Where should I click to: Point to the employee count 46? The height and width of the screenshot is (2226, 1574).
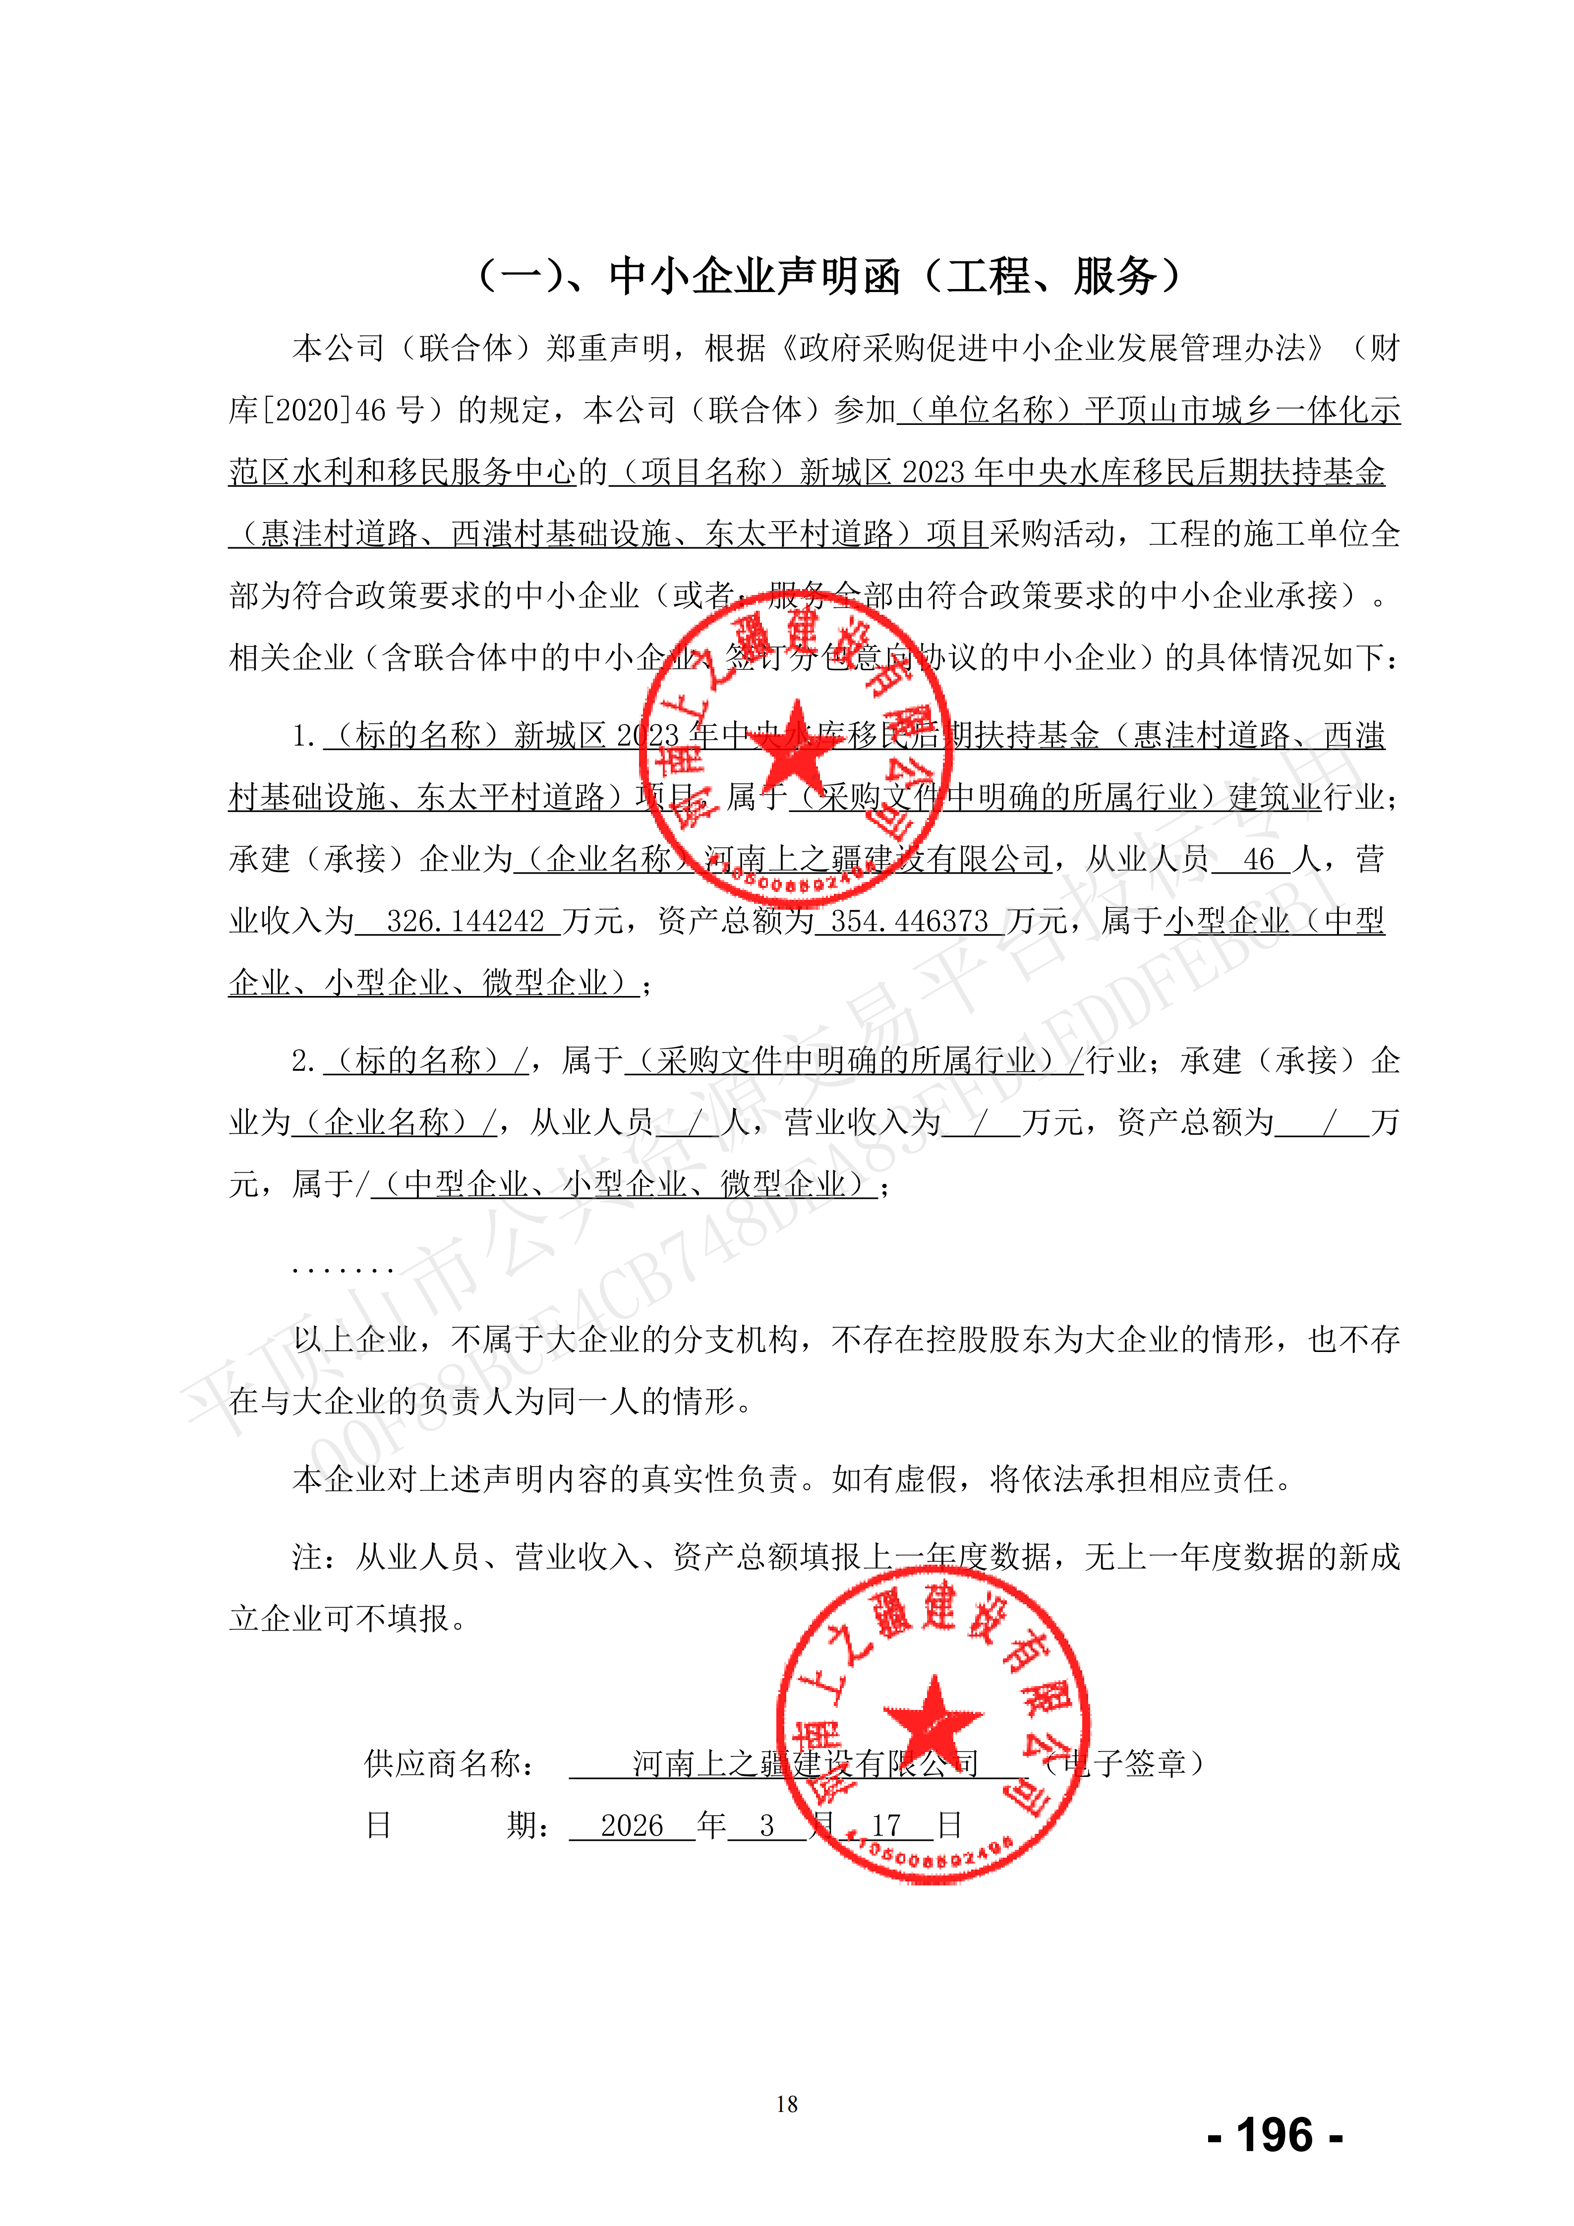(x=1258, y=859)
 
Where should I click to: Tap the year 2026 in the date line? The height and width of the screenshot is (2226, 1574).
(x=632, y=1825)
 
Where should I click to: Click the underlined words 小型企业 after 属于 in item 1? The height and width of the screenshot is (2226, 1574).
(x=1226, y=921)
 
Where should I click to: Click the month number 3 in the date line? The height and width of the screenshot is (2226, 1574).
(x=766, y=1825)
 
